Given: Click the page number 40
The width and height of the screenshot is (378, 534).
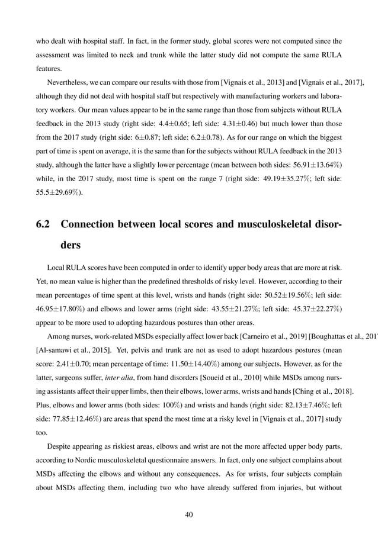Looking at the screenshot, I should point(189,514).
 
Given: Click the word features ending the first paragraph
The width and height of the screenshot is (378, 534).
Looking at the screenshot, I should point(49,68).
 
